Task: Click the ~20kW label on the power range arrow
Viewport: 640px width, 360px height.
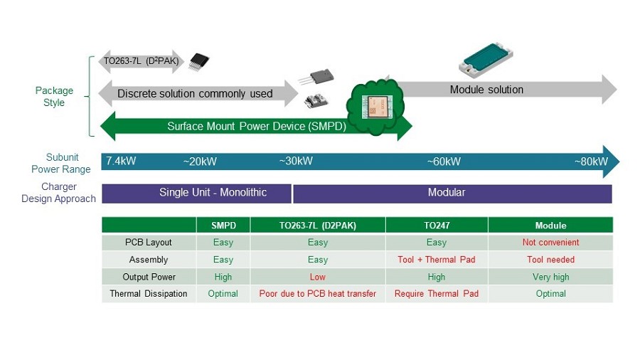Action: click(x=200, y=162)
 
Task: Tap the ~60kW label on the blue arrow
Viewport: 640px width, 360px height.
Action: click(x=444, y=162)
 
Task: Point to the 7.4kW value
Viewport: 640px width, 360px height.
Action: click(x=121, y=161)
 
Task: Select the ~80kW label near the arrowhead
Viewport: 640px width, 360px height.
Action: click(x=592, y=162)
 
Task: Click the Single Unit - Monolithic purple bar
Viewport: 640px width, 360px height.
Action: click(x=197, y=194)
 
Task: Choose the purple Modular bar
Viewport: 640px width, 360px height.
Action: click(x=452, y=194)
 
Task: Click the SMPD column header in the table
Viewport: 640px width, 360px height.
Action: click(x=223, y=226)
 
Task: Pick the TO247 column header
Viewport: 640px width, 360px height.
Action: click(x=437, y=226)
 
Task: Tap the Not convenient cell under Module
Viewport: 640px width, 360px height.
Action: click(x=550, y=243)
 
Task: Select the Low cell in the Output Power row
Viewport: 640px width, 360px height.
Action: click(x=318, y=277)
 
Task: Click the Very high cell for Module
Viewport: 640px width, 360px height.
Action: click(x=550, y=277)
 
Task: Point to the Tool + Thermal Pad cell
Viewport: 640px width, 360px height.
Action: click(x=437, y=260)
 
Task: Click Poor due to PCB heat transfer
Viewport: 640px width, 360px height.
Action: click(x=318, y=293)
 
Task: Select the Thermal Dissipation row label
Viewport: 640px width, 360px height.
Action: click(x=149, y=294)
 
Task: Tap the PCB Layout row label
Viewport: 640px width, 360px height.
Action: click(x=149, y=243)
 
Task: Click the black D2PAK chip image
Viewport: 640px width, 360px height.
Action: click(x=199, y=62)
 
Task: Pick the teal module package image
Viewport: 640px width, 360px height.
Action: click(x=486, y=60)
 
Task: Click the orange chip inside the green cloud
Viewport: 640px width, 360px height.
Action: click(x=377, y=107)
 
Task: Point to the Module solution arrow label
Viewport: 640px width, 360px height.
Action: click(x=486, y=90)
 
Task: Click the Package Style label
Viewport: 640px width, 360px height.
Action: click(x=54, y=97)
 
